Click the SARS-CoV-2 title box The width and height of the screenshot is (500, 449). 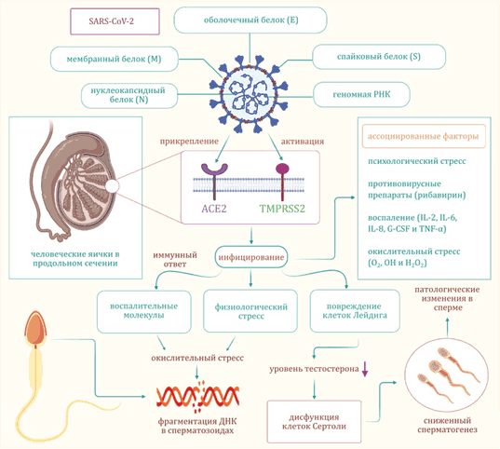[x=115, y=21]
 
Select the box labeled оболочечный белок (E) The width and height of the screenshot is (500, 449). [x=250, y=20]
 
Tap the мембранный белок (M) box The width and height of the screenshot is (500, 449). [x=115, y=59]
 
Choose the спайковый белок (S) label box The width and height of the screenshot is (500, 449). [x=379, y=57]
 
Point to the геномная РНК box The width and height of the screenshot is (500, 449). [x=361, y=94]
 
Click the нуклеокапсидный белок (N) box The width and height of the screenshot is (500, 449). [x=129, y=95]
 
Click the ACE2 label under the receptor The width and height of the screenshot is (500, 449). [x=214, y=209]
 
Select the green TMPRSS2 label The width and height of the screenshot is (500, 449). [x=282, y=209]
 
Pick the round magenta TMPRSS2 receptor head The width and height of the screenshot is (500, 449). [x=282, y=169]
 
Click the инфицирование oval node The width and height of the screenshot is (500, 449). [x=251, y=257]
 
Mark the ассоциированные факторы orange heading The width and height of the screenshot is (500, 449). [x=424, y=136]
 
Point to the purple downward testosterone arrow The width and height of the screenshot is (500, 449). [x=365, y=369]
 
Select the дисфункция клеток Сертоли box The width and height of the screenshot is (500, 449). [x=314, y=422]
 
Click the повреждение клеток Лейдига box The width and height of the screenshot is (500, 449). [x=355, y=311]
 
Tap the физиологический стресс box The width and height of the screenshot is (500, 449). [x=250, y=311]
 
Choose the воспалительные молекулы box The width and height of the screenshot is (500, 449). [x=144, y=311]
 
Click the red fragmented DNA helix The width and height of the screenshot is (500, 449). [x=197, y=396]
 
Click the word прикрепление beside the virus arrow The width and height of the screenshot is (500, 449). [x=189, y=142]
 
